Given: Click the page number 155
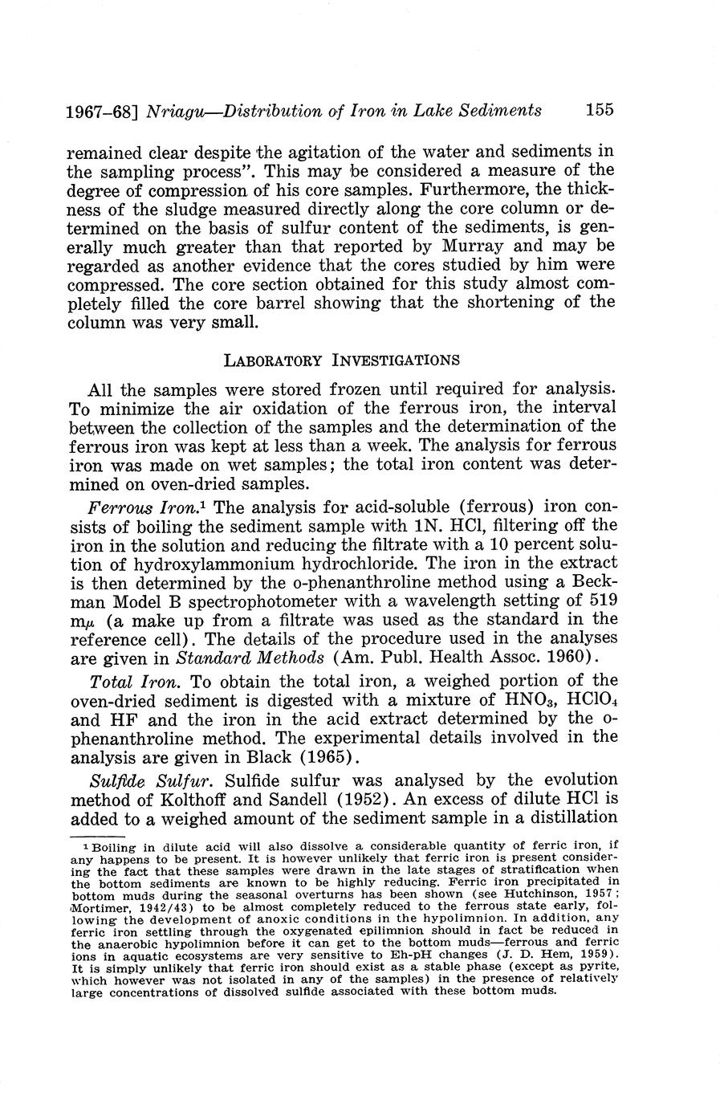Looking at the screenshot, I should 600,109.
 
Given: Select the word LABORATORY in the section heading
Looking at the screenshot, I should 273,360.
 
